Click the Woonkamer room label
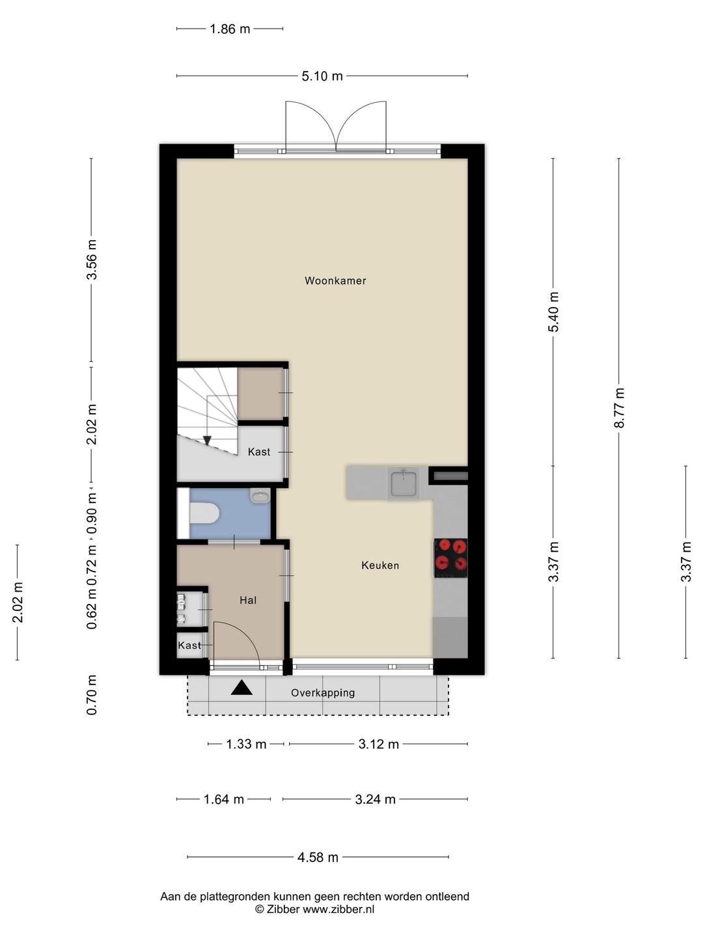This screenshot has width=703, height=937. (335, 280)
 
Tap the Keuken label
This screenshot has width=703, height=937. (380, 565)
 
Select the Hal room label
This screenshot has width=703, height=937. (248, 600)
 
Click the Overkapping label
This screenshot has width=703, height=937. (323, 693)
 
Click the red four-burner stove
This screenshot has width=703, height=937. (450, 558)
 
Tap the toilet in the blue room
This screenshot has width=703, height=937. (204, 513)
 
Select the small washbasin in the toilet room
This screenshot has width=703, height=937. (260, 496)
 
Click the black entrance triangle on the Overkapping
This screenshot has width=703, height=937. (241, 688)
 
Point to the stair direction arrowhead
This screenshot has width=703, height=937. (207, 441)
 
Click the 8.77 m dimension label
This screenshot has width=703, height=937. (619, 407)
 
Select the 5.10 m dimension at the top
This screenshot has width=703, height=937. (322, 76)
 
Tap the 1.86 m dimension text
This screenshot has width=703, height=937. (230, 29)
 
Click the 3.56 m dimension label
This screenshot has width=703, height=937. (91, 260)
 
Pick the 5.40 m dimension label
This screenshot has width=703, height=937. (553, 312)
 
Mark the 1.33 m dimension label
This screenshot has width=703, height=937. (246, 744)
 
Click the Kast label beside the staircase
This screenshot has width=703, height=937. (258, 452)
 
